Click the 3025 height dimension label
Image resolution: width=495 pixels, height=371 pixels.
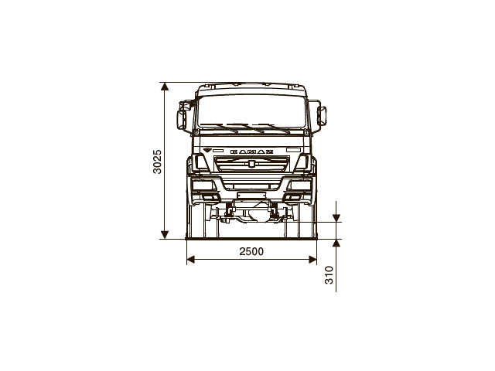coord(157,162)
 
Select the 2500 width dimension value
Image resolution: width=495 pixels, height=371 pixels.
coord(251,251)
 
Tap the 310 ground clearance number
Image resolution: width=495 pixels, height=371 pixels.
coord(329,275)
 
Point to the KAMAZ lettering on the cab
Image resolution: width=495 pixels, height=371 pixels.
coord(252,151)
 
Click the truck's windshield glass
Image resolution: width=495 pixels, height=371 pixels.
coord(251,111)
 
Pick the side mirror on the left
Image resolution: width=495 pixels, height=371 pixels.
coord(182,120)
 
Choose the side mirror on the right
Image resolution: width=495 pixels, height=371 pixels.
coord(322,116)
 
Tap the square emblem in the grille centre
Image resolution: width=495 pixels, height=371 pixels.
coord(251,164)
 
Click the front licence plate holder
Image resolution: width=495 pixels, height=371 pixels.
coord(251,196)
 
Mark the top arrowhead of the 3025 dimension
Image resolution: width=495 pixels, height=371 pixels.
coord(165,86)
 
